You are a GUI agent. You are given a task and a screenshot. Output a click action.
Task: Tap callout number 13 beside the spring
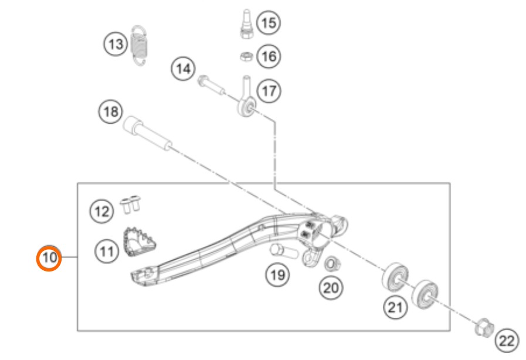[116, 44]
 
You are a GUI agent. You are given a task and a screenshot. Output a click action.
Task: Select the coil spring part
[139, 46]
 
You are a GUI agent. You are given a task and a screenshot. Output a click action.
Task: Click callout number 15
[269, 23]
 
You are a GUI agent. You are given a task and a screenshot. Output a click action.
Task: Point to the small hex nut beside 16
[246, 56]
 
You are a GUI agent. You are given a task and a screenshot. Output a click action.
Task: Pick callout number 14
[183, 69]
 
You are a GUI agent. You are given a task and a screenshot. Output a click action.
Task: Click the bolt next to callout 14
[211, 85]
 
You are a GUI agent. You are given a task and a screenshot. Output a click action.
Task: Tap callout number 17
[269, 91]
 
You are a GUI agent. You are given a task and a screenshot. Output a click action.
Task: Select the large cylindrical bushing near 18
[148, 133]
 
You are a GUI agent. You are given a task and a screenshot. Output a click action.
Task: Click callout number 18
[111, 111]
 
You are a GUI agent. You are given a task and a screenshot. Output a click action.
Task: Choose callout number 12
[102, 212]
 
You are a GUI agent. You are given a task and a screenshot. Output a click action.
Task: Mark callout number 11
[107, 252]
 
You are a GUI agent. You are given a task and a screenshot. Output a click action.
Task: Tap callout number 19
[278, 275]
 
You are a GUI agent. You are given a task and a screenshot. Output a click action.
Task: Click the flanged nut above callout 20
[332, 264]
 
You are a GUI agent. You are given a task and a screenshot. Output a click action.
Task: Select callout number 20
[331, 288]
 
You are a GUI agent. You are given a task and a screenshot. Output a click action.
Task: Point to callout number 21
[395, 307]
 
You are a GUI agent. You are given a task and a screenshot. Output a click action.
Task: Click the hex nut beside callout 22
[484, 327]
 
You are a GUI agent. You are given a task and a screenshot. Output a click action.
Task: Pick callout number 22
[507, 341]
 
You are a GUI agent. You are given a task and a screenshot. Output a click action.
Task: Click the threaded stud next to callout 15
[246, 24]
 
